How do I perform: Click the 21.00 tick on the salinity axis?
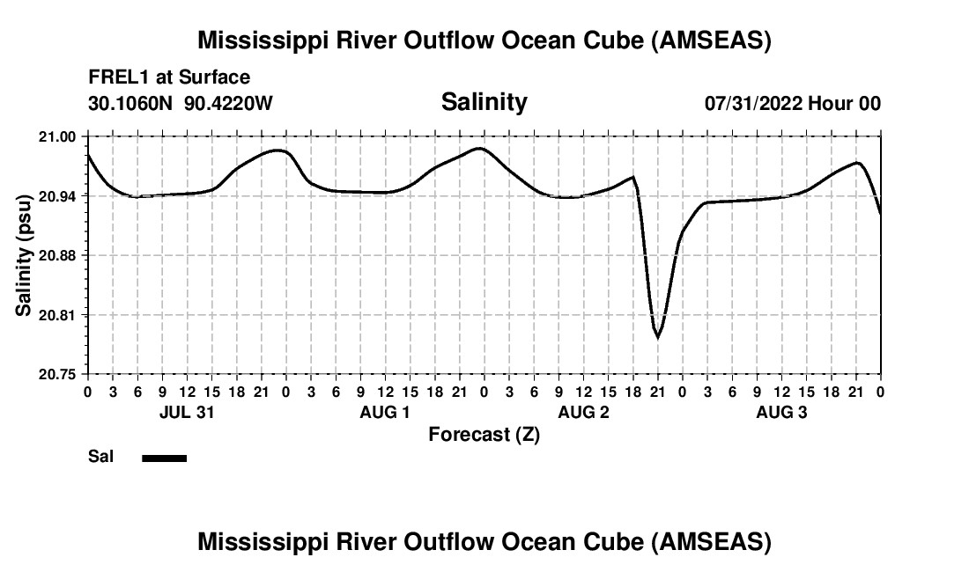(x=58, y=136)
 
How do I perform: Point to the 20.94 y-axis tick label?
(x=58, y=195)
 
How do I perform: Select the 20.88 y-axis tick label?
(x=58, y=255)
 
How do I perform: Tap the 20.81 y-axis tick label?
(x=58, y=315)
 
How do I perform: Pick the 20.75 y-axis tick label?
(x=58, y=374)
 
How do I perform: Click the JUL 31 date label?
(x=187, y=412)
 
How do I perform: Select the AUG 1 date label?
(x=385, y=412)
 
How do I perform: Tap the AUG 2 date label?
(x=583, y=412)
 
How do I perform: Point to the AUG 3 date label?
(x=781, y=412)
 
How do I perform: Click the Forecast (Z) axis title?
(x=484, y=435)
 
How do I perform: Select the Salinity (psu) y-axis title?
(x=24, y=255)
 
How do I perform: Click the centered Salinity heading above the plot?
(x=484, y=102)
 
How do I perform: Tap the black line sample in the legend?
(x=164, y=458)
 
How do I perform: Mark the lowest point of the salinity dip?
(x=657, y=337)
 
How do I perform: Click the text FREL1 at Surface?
(x=169, y=78)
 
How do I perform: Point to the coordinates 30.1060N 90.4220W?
(x=181, y=103)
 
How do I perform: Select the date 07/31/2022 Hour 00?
(x=792, y=103)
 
